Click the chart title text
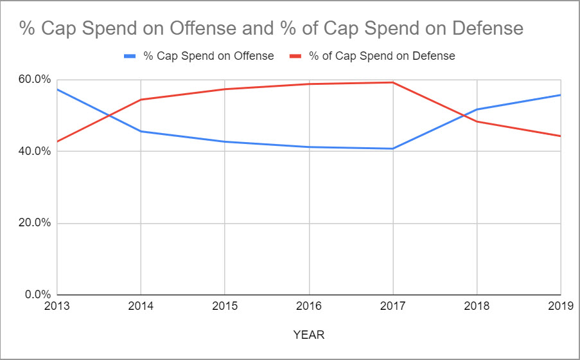271,28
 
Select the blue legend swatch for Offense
130,57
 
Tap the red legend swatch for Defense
295,57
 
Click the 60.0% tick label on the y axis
35,79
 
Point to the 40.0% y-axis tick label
35,151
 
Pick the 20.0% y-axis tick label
35,222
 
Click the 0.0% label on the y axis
38,294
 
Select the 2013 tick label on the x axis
57,306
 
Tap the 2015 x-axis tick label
225,306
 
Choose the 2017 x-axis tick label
393,306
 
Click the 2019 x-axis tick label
561,306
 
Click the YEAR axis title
309,335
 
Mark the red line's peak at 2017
393,82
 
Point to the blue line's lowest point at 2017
393,148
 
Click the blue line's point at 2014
141,131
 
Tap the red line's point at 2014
141,100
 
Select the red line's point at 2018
477,121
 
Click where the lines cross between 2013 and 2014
109,116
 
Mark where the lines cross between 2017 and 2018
464,115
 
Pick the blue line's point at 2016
309,147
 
